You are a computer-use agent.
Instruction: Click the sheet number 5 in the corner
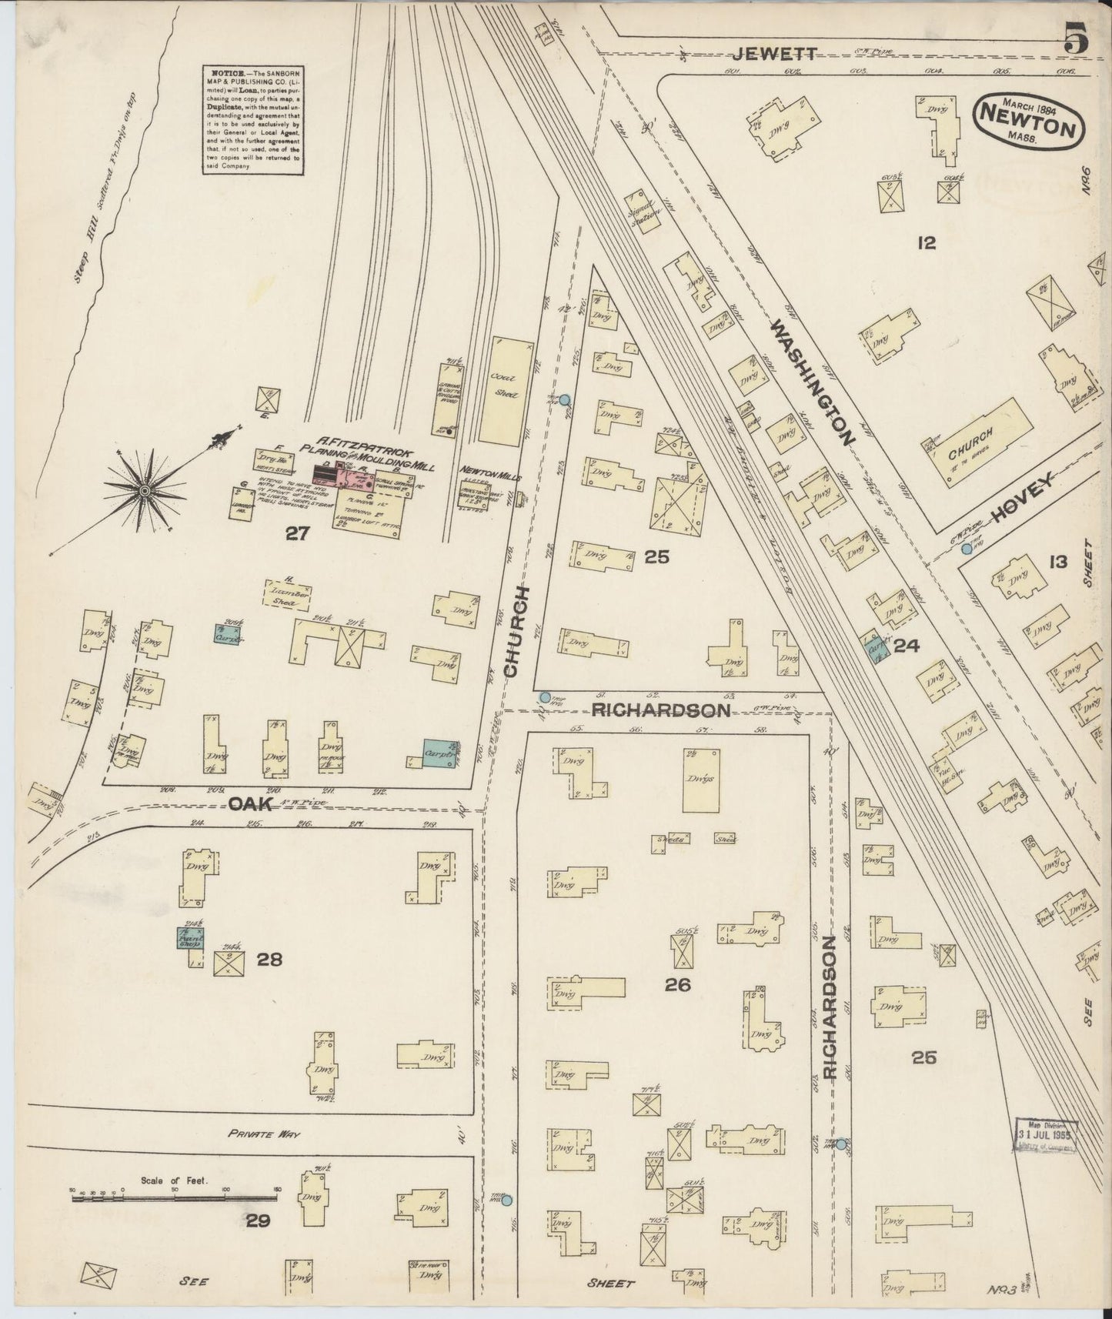pos(1077,40)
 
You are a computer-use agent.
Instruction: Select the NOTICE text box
pos(252,120)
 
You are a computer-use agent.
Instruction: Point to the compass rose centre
pos(145,489)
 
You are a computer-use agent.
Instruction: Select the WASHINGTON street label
pos(813,382)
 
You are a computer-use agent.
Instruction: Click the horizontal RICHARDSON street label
pos(660,710)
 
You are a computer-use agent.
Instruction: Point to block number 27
pos(297,534)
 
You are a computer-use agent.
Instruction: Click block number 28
pos(270,960)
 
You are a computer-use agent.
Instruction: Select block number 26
pos(679,983)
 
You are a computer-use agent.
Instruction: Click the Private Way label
pos(262,1134)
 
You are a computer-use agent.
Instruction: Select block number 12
pos(926,243)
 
